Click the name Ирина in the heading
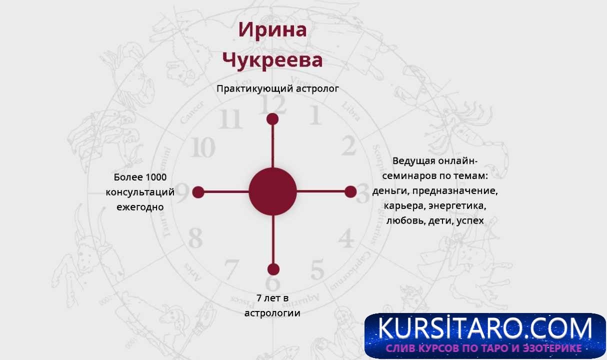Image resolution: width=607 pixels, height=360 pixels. click(x=272, y=30)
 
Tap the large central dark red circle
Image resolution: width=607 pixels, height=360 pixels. click(x=272, y=191)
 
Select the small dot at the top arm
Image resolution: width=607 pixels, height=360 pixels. click(x=272, y=119)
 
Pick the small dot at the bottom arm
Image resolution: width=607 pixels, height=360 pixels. click(x=272, y=269)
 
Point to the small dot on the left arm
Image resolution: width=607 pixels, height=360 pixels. click(x=198, y=192)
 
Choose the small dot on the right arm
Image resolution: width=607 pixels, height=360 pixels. click(x=350, y=191)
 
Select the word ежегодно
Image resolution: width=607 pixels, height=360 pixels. click(x=140, y=206)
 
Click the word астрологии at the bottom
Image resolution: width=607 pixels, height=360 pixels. click(x=272, y=313)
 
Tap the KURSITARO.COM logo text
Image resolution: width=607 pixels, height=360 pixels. click(x=484, y=329)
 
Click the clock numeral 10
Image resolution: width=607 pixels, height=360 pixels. click(x=203, y=147)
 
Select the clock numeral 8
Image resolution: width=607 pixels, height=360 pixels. click(x=195, y=238)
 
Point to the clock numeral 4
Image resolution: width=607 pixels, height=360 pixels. click(x=346, y=238)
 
